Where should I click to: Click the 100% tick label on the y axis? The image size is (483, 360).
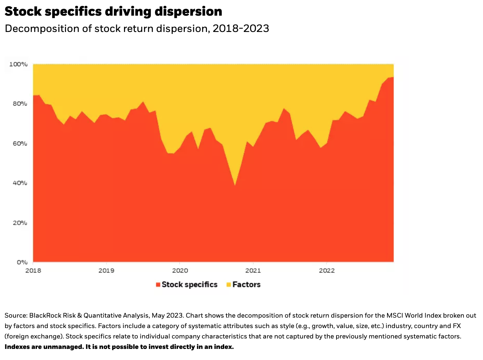tap(18, 64)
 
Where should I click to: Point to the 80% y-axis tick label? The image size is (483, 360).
tap(20, 104)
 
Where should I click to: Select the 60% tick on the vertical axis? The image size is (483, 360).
tap(20, 143)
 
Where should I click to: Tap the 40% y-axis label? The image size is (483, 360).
tap(20, 183)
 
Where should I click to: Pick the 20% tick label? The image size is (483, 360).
tap(20, 223)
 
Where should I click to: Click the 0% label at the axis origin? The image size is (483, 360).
tap(22, 262)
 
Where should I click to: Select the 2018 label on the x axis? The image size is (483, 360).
tap(33, 271)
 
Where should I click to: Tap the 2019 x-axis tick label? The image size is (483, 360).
tap(106, 271)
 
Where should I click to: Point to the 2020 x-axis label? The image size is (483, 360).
tap(180, 271)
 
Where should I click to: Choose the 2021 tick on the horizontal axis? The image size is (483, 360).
tap(253, 271)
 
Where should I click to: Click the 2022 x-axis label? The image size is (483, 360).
tap(327, 271)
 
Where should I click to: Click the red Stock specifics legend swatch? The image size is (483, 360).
tap(158, 285)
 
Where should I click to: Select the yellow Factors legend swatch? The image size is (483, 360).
tap(229, 285)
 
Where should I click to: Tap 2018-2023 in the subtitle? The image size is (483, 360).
tap(241, 29)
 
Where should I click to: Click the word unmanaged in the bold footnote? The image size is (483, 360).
tap(63, 347)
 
